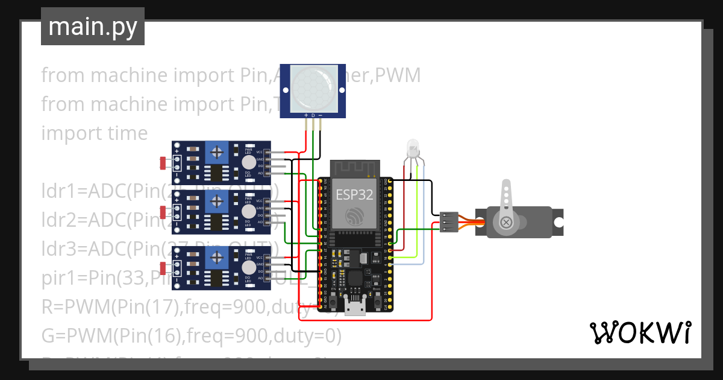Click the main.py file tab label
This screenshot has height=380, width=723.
92,27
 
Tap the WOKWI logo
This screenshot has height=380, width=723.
640,332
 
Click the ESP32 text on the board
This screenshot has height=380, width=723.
354,194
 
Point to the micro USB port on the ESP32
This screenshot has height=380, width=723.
355,308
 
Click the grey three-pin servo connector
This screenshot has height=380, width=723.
449,221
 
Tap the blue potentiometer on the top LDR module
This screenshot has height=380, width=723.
216,151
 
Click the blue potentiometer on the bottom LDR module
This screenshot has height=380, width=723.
216,258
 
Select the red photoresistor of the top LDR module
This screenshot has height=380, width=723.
163,162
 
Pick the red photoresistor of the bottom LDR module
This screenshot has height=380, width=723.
163,268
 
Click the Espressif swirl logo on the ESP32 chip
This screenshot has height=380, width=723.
354,216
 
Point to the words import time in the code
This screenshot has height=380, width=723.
94,133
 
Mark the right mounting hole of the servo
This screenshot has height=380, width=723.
558,222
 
